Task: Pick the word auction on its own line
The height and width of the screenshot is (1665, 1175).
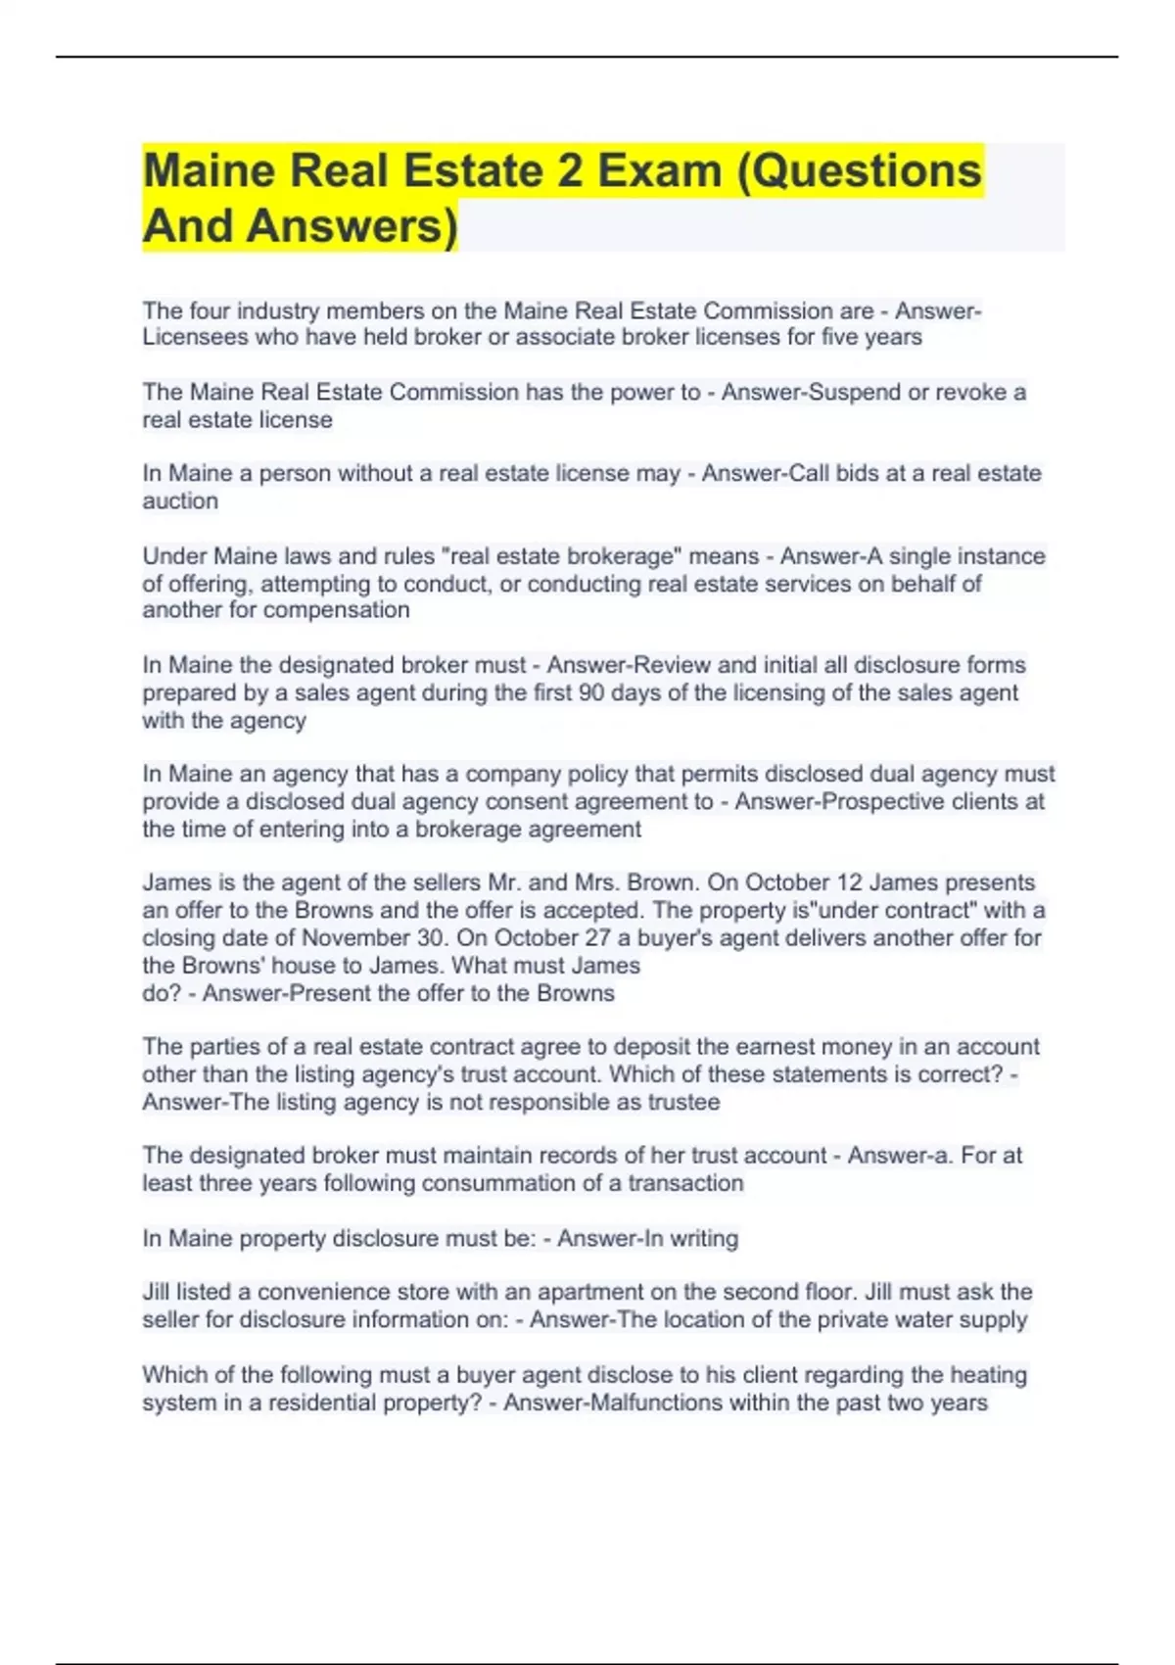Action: point(180,500)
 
